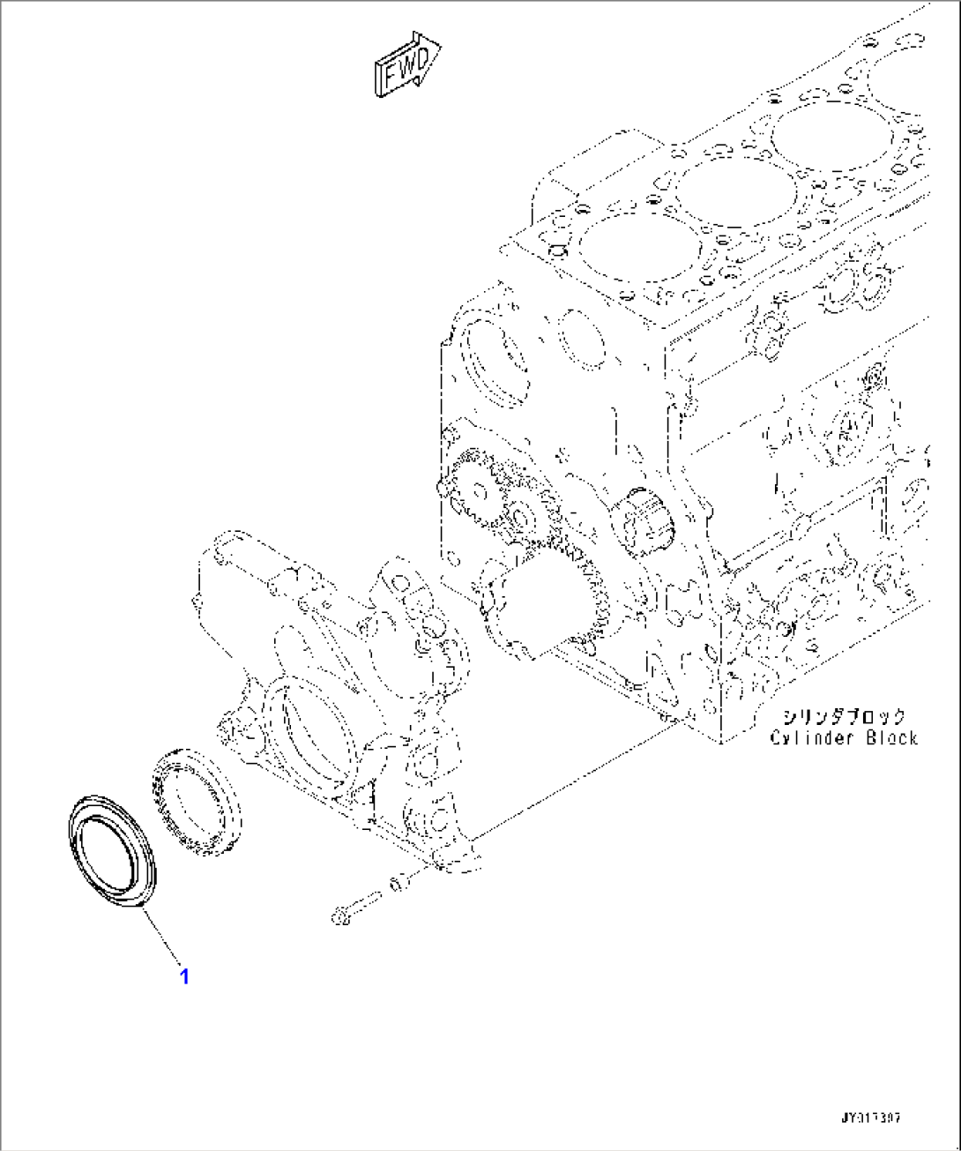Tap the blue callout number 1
[184, 976]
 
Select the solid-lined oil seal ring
[111, 848]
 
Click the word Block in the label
[889, 738]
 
